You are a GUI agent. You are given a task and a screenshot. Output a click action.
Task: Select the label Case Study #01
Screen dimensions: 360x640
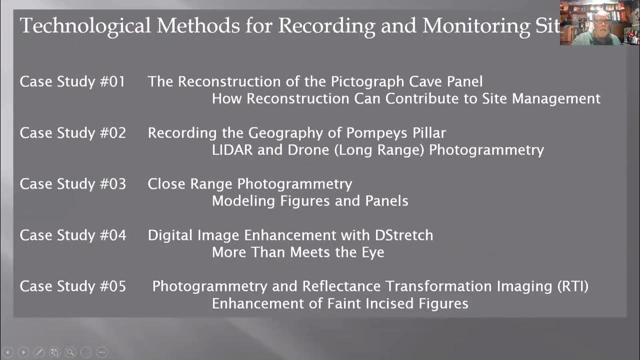[x=72, y=81]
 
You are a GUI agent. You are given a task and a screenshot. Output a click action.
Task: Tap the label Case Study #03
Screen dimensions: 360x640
[x=72, y=184]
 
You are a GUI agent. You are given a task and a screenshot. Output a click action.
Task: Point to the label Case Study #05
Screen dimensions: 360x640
[x=72, y=286]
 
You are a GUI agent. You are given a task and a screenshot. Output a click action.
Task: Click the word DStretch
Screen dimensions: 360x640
[x=404, y=235]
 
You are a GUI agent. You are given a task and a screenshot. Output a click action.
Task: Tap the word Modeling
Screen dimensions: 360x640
[x=244, y=201]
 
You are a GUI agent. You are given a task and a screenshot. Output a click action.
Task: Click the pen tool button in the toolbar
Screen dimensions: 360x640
[x=39, y=352]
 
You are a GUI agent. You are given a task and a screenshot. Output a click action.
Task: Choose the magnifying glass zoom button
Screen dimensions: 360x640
[x=70, y=352]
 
